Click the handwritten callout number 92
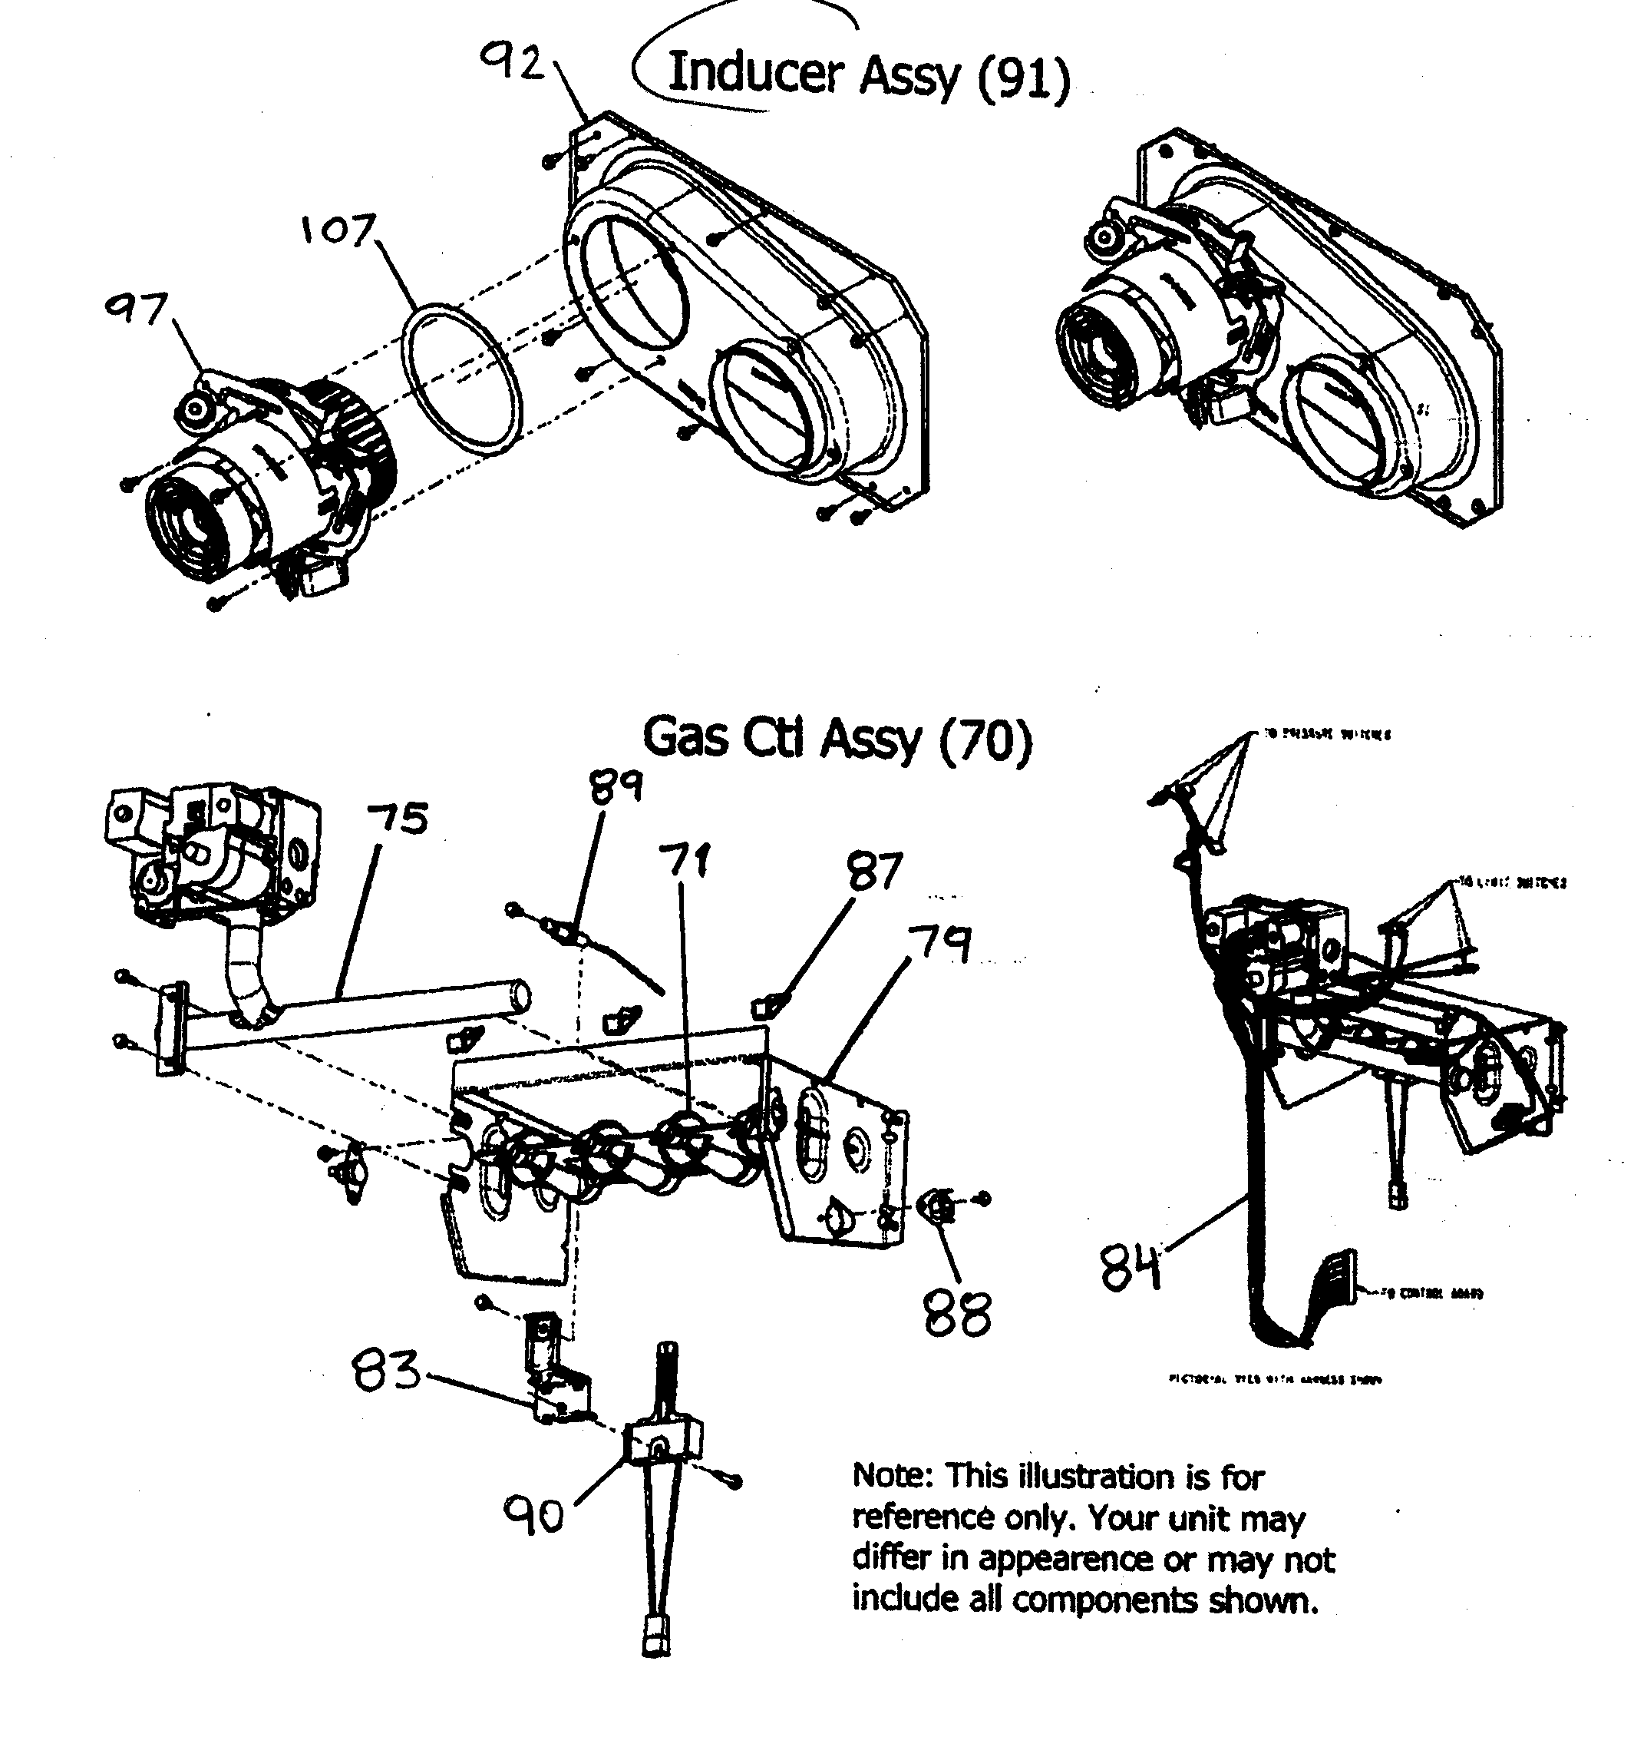coord(514,64)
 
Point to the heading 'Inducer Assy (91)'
coord(867,76)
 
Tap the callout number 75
coord(398,819)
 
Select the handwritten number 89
coord(616,787)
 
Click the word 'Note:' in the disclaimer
coord(893,1476)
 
